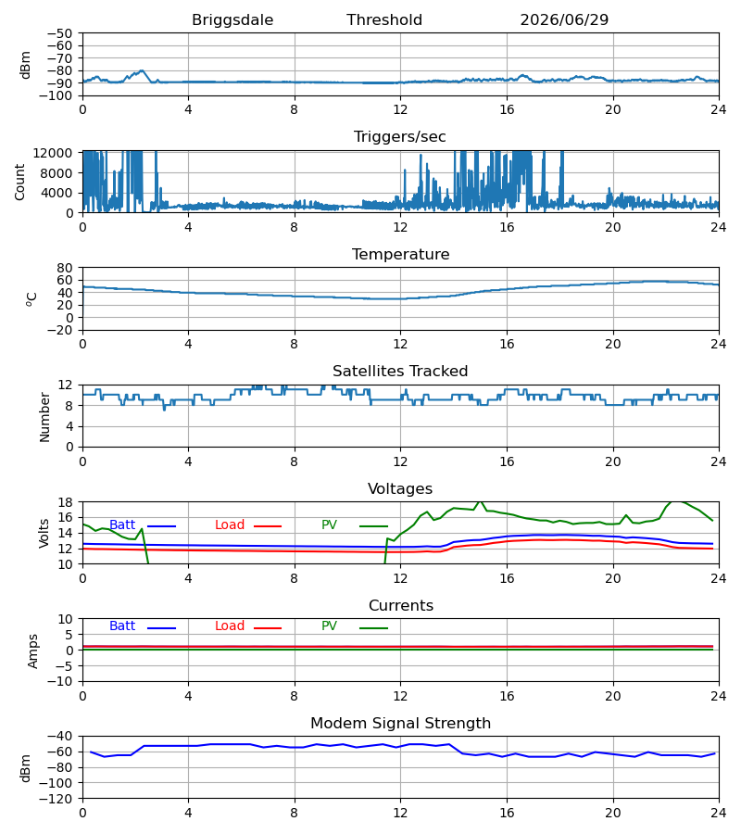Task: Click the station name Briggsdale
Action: click(x=232, y=20)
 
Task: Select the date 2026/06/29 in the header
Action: click(x=564, y=20)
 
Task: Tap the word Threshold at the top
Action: click(x=384, y=19)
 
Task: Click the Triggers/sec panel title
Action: click(x=400, y=137)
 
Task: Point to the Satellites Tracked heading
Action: click(x=400, y=372)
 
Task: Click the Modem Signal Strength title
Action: click(x=400, y=724)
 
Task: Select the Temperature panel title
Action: click(x=400, y=254)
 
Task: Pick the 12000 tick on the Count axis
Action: click(x=53, y=153)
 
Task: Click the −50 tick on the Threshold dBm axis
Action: click(x=59, y=33)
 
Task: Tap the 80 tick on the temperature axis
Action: click(x=64, y=268)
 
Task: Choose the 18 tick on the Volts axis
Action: click(x=64, y=502)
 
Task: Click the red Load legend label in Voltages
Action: click(x=230, y=525)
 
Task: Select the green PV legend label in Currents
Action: click(x=329, y=626)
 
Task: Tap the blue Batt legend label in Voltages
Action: click(x=122, y=525)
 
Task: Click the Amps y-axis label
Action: click(x=33, y=651)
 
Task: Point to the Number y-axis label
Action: click(x=44, y=418)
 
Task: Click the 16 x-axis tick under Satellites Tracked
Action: click(x=507, y=461)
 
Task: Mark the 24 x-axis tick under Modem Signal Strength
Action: click(x=719, y=814)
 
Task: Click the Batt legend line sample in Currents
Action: click(x=161, y=628)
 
